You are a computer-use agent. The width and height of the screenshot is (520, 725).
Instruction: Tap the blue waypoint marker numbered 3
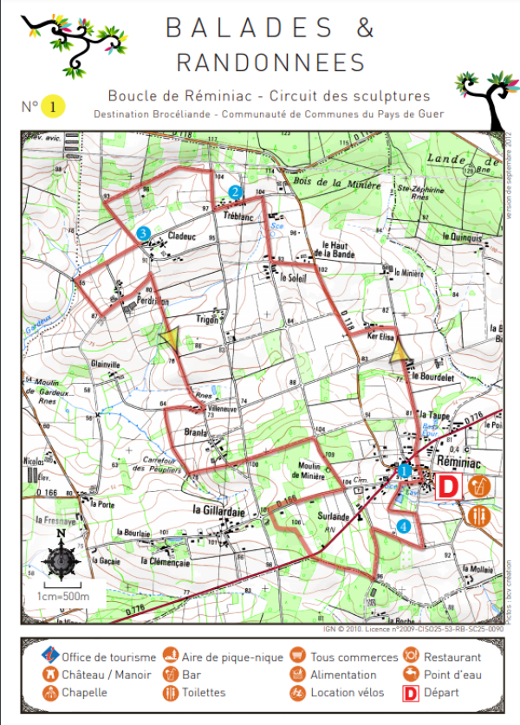coord(144,232)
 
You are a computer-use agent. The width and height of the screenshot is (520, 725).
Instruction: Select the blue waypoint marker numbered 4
coord(403,526)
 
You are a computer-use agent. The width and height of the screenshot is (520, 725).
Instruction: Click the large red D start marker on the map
coord(447,487)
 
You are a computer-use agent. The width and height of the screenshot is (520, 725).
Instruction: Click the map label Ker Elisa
coord(381,333)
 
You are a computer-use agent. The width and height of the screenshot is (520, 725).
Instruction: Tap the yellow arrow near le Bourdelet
coord(400,351)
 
